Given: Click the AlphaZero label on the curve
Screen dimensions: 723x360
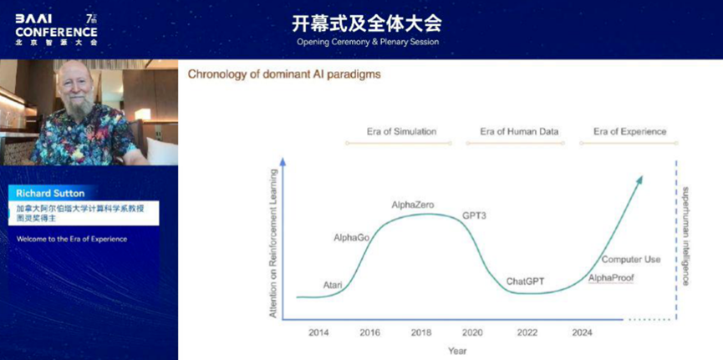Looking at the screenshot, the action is click(413, 205).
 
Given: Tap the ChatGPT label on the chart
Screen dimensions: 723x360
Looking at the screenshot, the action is click(525, 281).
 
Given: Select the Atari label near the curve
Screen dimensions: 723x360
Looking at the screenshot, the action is click(333, 285).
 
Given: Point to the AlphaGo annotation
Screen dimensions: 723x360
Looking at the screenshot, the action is click(351, 238).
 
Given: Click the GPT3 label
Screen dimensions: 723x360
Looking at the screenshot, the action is click(474, 215).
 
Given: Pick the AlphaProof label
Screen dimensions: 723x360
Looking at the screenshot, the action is click(611, 278).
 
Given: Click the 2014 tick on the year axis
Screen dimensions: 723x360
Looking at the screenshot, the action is click(319, 332).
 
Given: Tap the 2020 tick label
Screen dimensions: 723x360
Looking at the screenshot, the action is click(472, 332).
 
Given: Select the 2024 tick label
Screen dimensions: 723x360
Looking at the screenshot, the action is click(582, 332).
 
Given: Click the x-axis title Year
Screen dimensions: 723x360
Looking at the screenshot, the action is click(457, 352).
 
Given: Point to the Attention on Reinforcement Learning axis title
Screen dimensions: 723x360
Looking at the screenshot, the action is click(273, 243).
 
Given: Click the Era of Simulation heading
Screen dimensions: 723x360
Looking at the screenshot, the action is click(401, 131).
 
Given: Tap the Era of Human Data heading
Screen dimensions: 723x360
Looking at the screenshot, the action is click(519, 131).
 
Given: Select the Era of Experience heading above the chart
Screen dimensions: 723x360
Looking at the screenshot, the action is click(630, 131).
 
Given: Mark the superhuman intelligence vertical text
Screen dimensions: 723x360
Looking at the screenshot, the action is click(685, 236).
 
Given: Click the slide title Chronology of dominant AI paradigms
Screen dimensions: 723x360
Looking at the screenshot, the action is click(284, 74).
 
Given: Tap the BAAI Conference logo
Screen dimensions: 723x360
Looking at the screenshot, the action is click(56, 29).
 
